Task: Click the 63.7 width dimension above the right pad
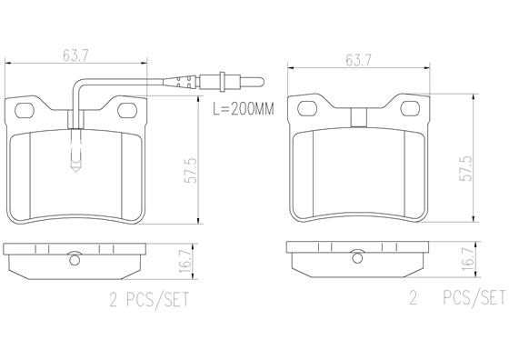(358, 60)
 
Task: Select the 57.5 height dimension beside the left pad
(191, 170)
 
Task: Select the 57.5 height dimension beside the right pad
(466, 168)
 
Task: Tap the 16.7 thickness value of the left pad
(184, 262)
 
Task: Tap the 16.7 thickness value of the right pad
(467, 261)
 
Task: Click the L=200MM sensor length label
(244, 109)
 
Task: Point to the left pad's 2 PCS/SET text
(149, 299)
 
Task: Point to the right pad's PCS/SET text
(474, 297)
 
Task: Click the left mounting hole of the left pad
(25, 111)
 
